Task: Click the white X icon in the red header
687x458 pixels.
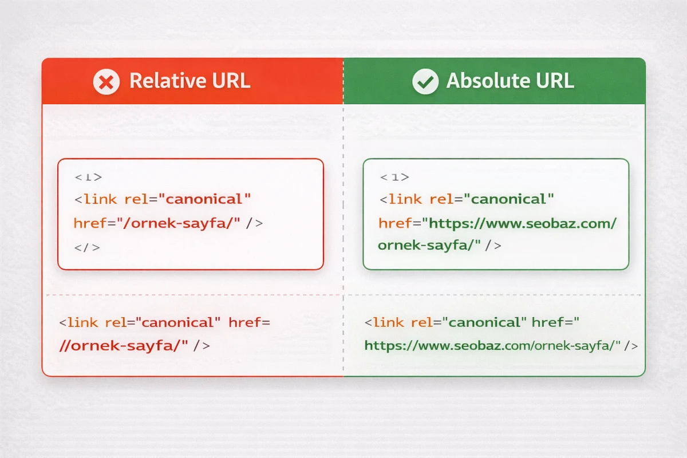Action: (106, 81)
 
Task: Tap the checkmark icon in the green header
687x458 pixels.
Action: (425, 81)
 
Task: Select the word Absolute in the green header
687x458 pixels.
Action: (487, 81)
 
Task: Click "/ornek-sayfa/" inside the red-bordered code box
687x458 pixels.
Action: (183, 223)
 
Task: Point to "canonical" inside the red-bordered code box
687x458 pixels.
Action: (204, 199)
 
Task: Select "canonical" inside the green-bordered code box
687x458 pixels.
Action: (508, 199)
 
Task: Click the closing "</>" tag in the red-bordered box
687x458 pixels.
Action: (87, 247)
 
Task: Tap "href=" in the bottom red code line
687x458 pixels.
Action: (249, 322)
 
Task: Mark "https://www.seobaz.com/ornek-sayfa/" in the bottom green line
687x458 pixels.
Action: (492, 345)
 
